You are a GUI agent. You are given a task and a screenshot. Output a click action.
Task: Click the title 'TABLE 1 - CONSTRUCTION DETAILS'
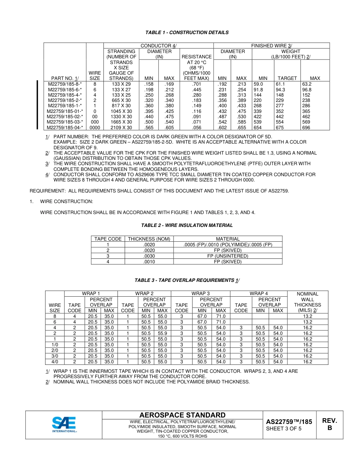tap(187, 33)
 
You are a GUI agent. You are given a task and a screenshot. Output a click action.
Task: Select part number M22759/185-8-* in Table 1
tap(64, 84)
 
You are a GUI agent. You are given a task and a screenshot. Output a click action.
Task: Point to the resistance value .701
tap(196, 84)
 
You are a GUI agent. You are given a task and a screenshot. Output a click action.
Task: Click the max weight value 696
tap(306, 128)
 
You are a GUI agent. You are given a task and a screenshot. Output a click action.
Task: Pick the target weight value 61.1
tap(280, 84)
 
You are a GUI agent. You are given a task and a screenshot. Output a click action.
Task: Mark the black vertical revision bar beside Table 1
tap(37, 105)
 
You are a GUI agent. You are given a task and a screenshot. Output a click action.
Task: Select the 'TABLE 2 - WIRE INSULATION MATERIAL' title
tap(187, 225)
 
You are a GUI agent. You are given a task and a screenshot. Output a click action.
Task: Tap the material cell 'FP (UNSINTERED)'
tap(227, 256)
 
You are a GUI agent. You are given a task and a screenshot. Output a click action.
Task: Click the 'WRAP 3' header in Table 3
tap(200, 294)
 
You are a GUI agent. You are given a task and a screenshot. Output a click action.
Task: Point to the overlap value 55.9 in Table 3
tap(162, 333)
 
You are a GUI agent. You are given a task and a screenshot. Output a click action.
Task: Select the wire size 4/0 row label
tap(55, 362)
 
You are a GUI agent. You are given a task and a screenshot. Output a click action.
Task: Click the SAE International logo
tap(64, 424)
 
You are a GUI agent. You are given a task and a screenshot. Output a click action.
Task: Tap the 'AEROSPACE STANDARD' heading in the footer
tap(182, 415)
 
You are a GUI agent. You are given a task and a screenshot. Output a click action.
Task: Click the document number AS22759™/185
tap(289, 422)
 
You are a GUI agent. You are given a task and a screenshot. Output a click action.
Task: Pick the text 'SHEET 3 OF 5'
tap(284, 429)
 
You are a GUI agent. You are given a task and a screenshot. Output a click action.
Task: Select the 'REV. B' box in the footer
tap(329, 424)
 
